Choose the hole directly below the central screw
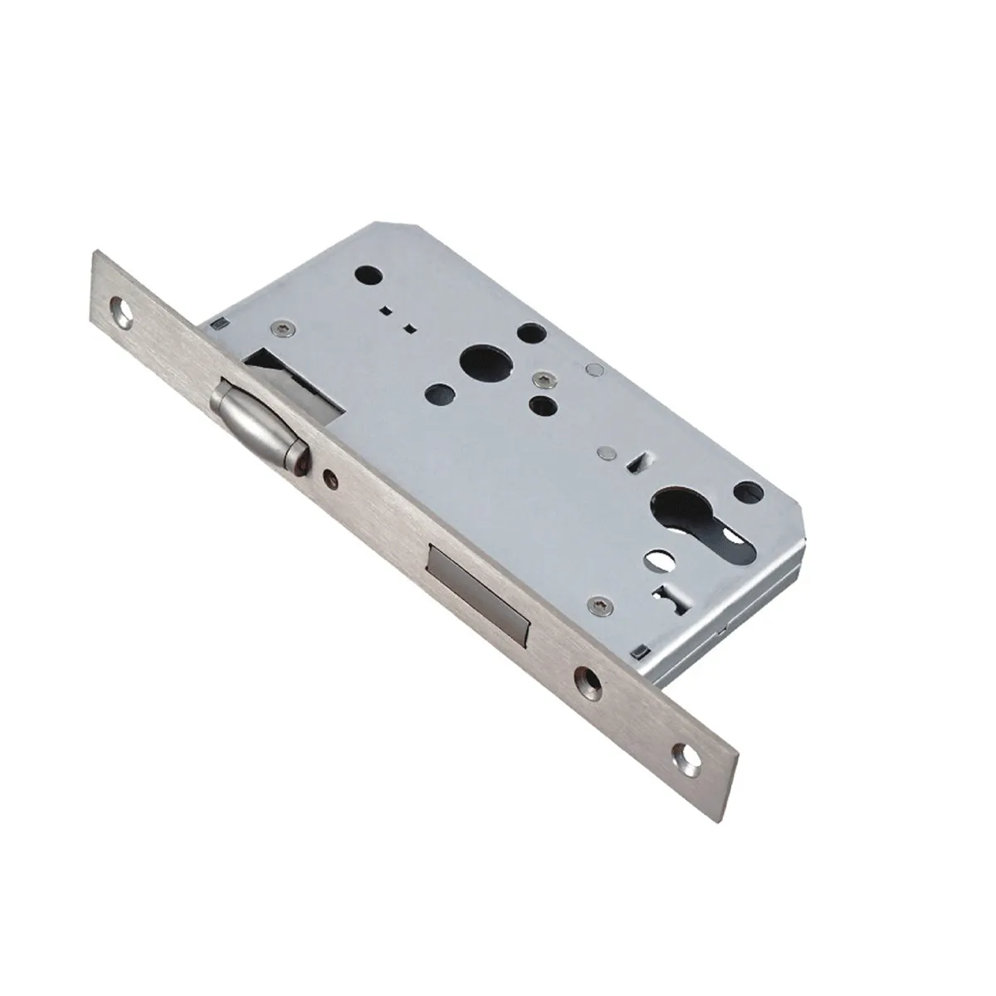tap(543, 405)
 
